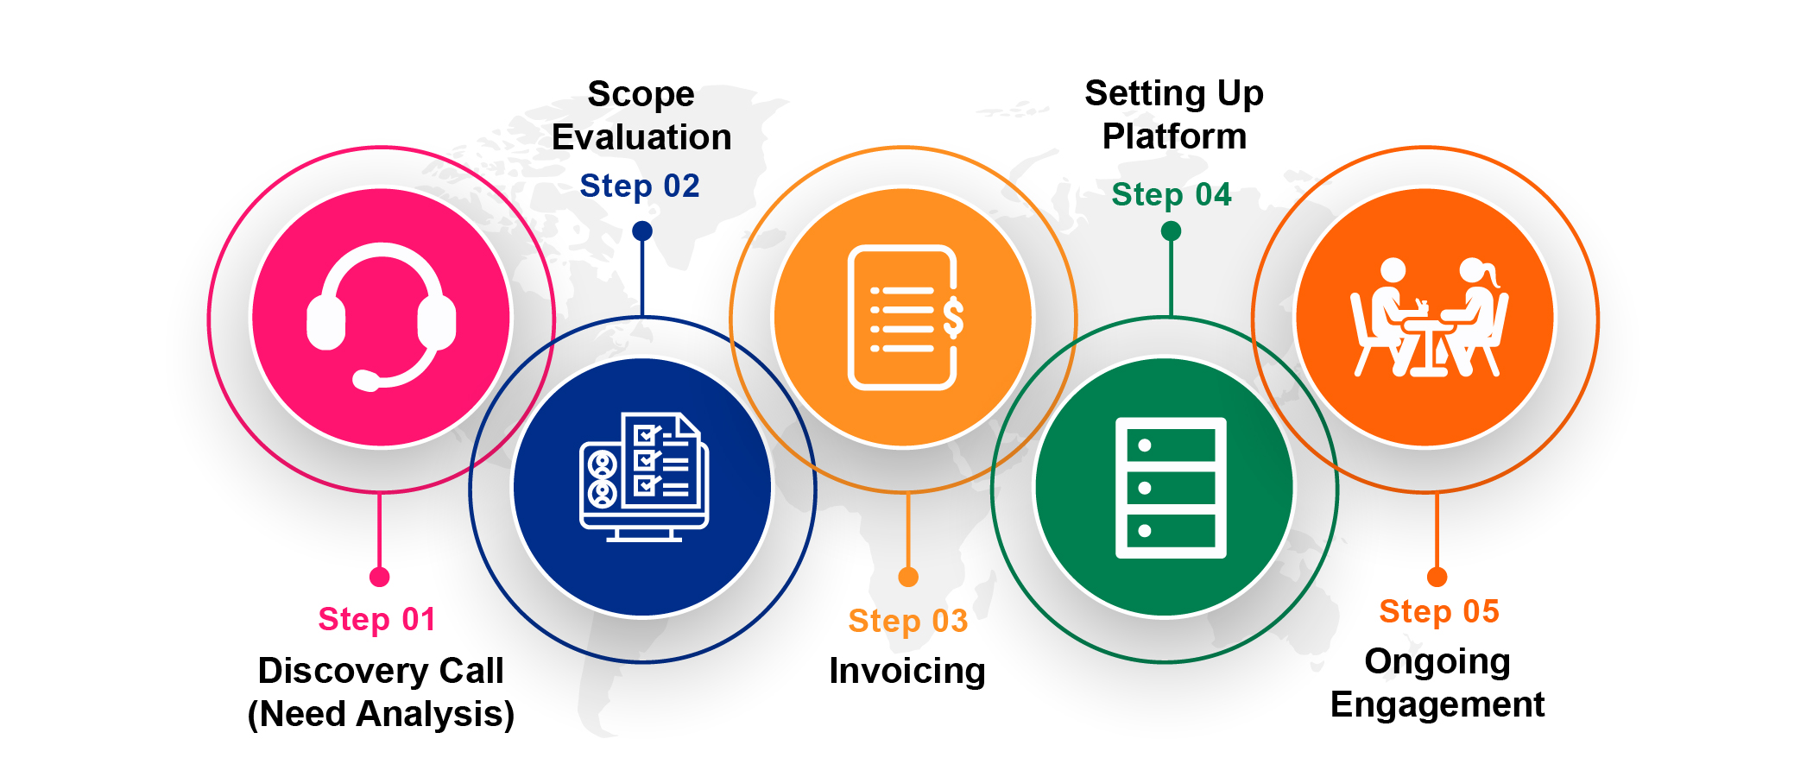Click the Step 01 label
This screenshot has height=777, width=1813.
377,619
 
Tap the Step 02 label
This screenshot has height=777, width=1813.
640,186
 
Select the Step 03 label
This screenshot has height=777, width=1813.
908,621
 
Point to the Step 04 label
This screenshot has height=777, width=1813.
1172,194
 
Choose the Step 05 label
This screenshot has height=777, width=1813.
1439,611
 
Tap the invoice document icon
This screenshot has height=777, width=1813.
905,317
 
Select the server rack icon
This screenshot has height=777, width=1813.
1171,488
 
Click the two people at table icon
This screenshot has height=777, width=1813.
1429,318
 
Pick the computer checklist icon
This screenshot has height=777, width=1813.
644,477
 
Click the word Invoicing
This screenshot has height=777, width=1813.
907,671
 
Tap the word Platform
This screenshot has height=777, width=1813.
1174,136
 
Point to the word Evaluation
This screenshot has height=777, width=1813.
641,137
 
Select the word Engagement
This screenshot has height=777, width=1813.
1437,704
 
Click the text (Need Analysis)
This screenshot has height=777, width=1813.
381,714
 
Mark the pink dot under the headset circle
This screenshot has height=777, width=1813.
380,577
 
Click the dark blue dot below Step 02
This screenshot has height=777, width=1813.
642,231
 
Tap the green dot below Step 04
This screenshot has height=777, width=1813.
1172,231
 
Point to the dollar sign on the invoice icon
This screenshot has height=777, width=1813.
953,317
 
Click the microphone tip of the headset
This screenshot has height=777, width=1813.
366,380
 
